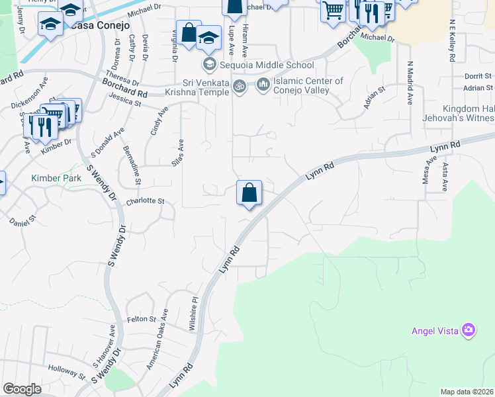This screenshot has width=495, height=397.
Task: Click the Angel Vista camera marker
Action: pyautogui.click(x=469, y=330)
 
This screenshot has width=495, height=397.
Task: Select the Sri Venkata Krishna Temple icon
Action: pyautogui.click(x=240, y=85)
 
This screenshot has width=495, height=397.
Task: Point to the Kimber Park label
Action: pyautogui.click(x=56, y=179)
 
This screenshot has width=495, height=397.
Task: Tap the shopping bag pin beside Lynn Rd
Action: pyautogui.click(x=249, y=194)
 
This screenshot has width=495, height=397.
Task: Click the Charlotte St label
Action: pyautogui.click(x=145, y=200)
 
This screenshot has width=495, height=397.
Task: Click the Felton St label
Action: pyautogui.click(x=141, y=319)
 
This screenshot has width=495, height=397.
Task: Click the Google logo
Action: pyautogui.click(x=22, y=389)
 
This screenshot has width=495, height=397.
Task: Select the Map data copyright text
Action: pyautogui.click(x=466, y=392)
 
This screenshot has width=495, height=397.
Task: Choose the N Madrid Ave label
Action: pyautogui.click(x=410, y=83)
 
